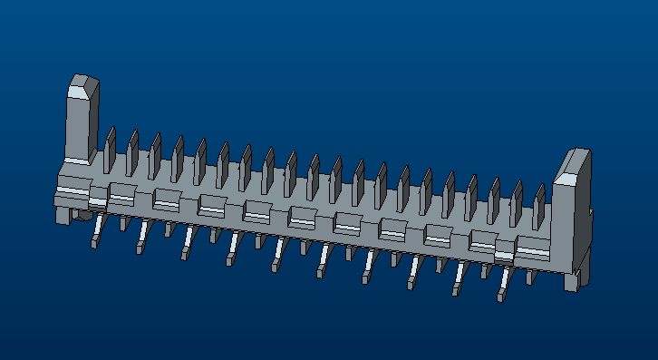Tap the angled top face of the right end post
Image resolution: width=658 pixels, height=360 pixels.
pos(575,165)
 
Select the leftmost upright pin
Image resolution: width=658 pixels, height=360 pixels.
pos(110,150)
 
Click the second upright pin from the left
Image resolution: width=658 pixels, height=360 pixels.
pos(132,152)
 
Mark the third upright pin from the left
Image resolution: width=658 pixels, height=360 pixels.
pos(155,155)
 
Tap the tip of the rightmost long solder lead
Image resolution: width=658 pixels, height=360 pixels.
pos(500,297)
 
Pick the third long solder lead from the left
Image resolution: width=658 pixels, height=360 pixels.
pos(186,247)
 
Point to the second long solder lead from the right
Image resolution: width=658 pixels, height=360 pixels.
pos(457,282)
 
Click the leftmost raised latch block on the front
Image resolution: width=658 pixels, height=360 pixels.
pos(121,193)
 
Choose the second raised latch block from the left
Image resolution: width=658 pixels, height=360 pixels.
pos(167,198)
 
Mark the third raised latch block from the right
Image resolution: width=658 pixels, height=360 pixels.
pos(439,234)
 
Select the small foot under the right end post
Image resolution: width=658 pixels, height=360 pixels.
pos(572,281)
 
